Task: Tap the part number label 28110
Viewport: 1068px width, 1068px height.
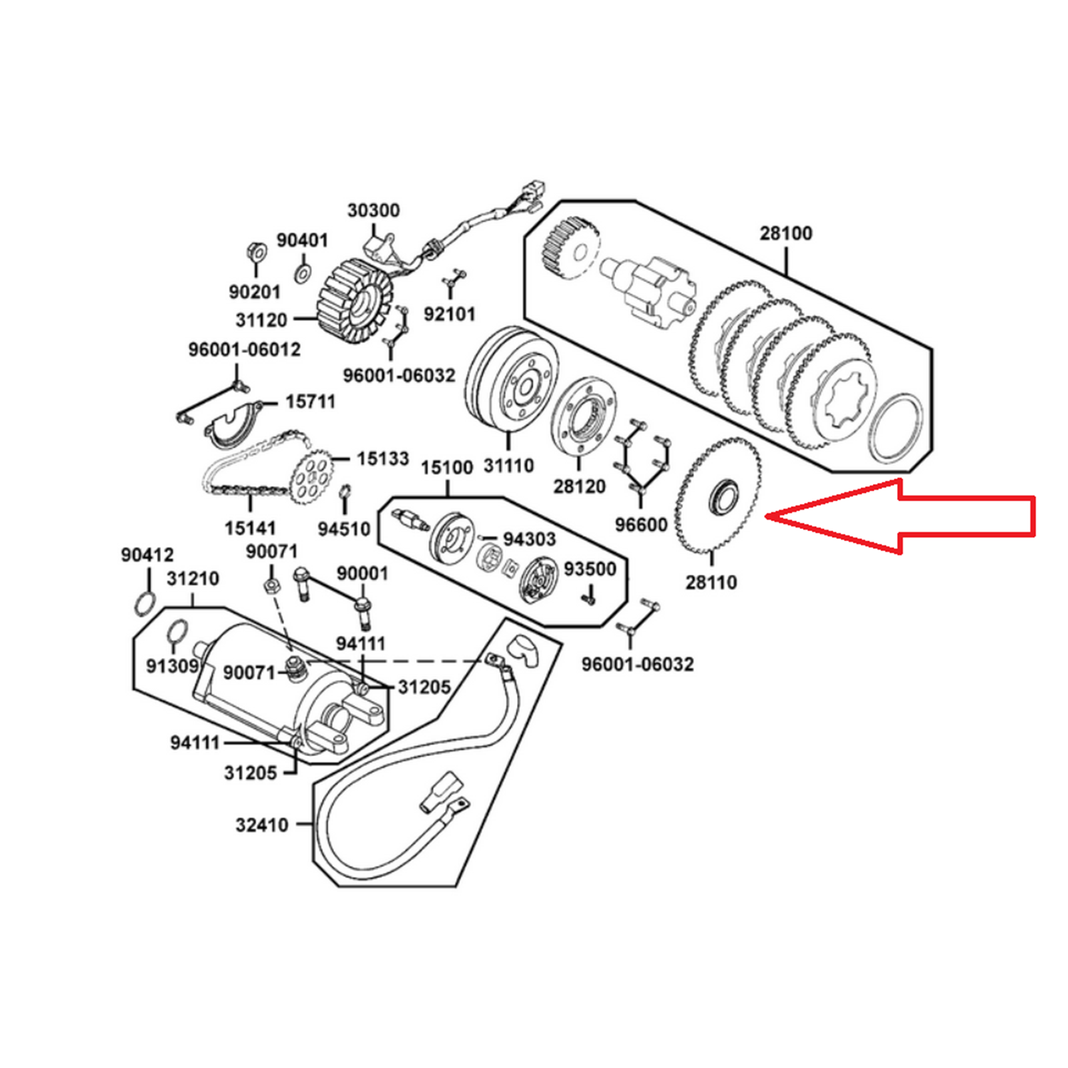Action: tap(711, 582)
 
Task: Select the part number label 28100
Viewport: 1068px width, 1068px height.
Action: tap(786, 233)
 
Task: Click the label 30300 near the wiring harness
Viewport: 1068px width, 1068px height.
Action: tap(374, 211)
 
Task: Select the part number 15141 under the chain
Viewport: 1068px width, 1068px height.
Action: tap(251, 528)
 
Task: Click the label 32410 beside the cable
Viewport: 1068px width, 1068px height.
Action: tap(262, 825)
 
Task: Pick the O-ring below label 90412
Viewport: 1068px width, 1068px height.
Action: tap(145, 602)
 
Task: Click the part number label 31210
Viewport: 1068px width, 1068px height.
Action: tap(193, 579)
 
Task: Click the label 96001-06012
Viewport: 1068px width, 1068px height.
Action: tap(244, 350)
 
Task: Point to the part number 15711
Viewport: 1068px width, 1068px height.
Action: tap(310, 402)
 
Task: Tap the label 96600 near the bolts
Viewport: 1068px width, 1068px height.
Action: tap(642, 525)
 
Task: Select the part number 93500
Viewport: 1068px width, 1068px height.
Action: tap(590, 569)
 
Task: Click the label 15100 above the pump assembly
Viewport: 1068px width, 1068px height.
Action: tap(447, 468)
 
